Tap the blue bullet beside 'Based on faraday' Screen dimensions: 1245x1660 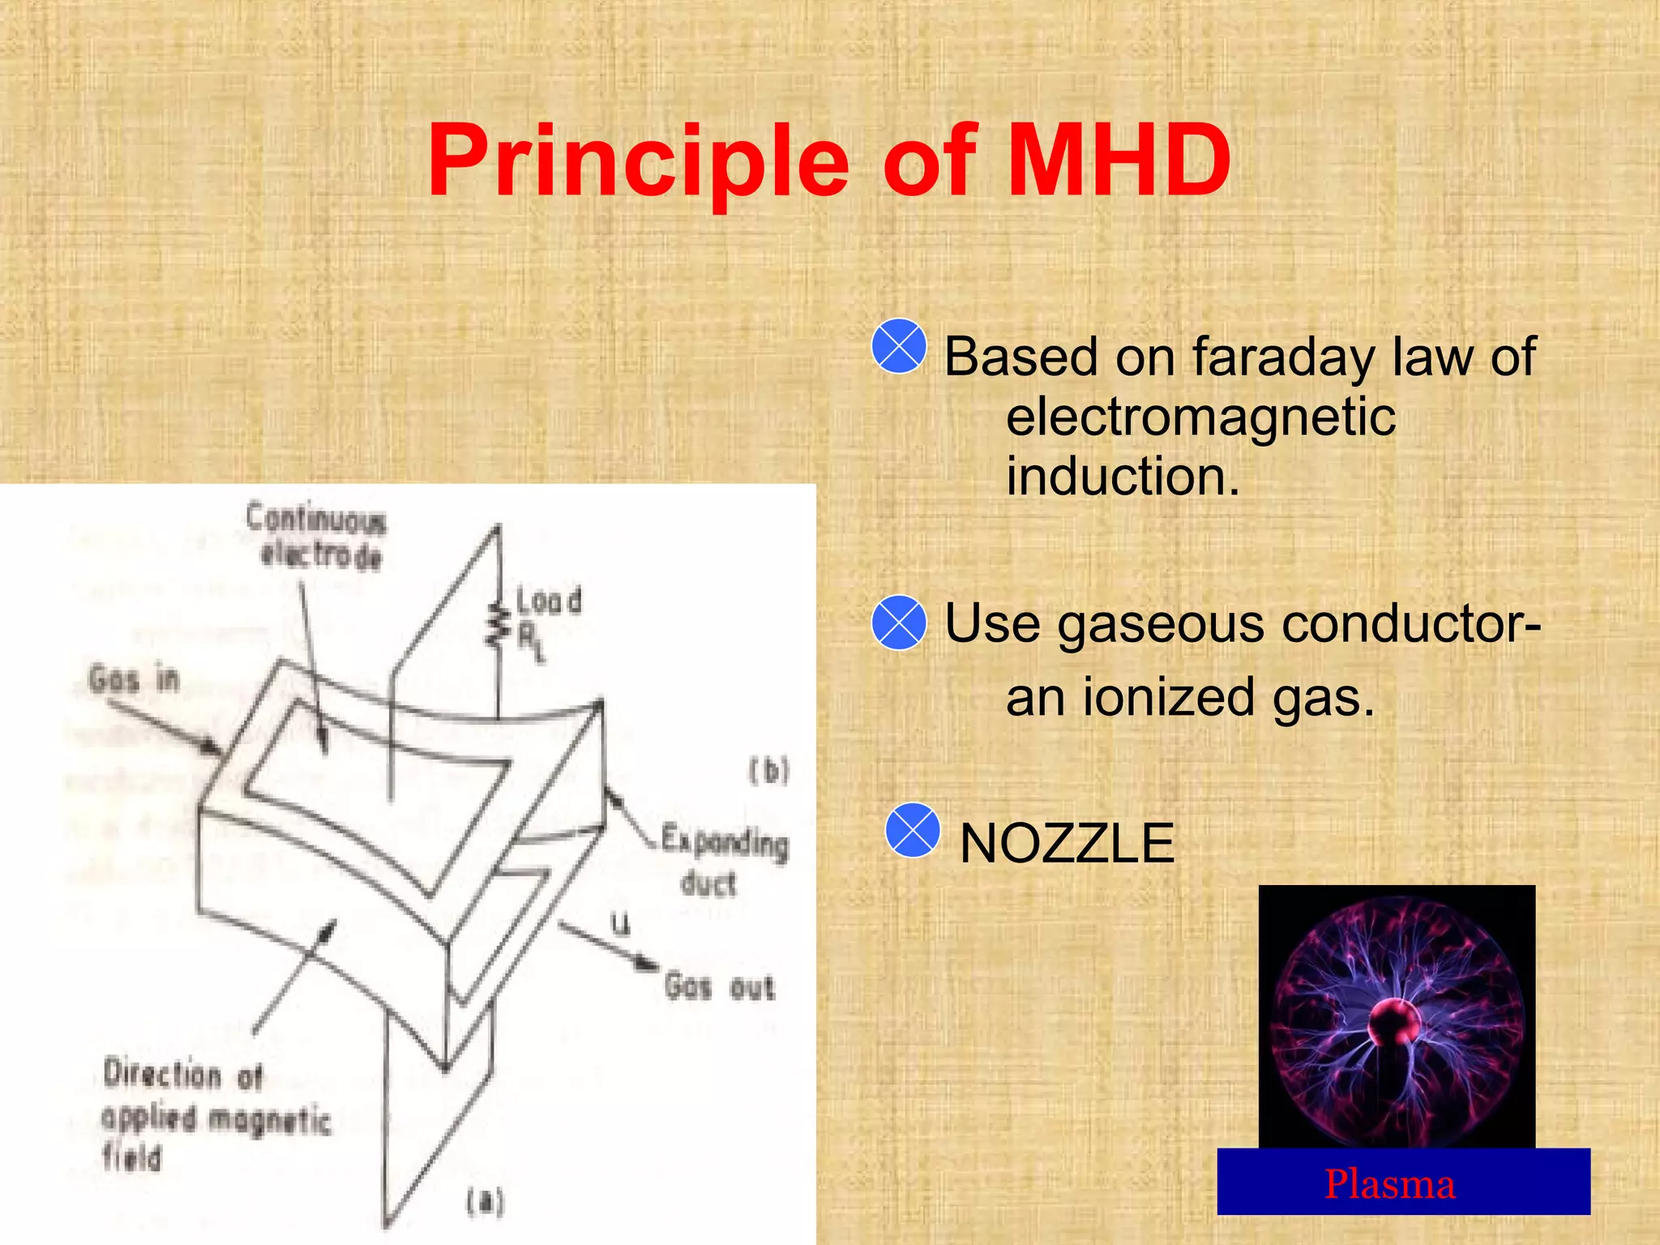(899, 346)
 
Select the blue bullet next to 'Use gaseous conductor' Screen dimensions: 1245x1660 (899, 622)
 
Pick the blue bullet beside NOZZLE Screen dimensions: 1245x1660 (913, 830)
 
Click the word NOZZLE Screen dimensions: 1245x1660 (1067, 843)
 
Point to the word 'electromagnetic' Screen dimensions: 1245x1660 (1200, 417)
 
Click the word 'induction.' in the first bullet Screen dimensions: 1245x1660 (1123, 476)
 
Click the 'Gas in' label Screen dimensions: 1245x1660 (135, 679)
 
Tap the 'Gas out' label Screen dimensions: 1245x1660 (720, 987)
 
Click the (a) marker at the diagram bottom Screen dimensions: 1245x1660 (485, 1201)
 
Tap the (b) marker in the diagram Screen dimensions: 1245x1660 (768, 770)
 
